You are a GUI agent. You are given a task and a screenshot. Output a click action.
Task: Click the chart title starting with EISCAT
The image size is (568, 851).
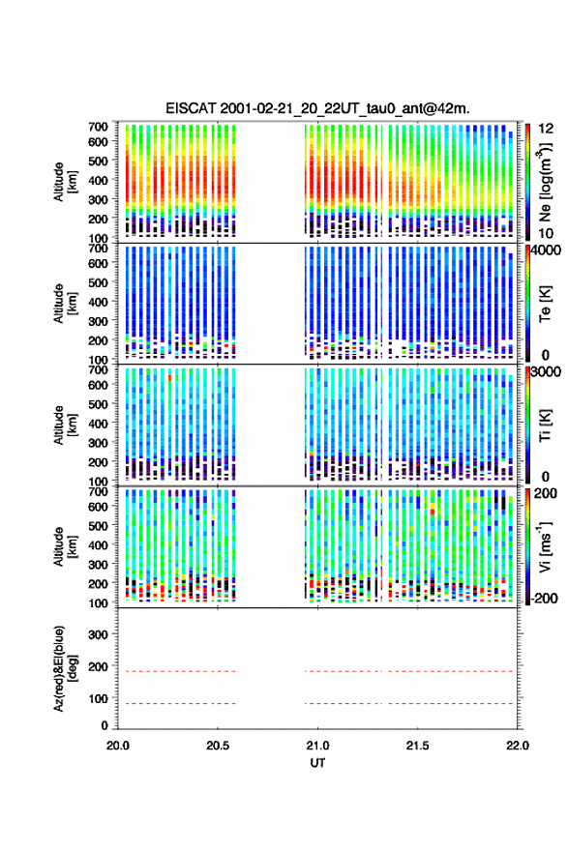point(317,108)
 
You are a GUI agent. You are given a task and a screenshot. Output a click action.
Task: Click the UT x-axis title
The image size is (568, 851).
point(317,763)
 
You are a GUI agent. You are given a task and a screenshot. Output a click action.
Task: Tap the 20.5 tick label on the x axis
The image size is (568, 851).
point(218,746)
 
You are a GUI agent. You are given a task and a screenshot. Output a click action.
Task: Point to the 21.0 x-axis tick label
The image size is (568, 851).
point(317,746)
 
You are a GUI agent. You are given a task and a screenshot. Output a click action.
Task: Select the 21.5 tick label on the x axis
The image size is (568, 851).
point(418,746)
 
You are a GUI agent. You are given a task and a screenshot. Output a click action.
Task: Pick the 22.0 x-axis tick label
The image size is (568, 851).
point(518,746)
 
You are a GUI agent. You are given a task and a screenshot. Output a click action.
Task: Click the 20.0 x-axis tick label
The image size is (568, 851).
point(118,746)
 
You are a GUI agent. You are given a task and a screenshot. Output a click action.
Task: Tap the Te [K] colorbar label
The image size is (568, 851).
point(545,304)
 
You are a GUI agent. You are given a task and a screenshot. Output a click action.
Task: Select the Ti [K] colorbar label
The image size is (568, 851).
point(545,425)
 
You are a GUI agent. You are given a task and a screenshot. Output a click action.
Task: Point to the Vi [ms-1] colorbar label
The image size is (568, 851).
point(545,546)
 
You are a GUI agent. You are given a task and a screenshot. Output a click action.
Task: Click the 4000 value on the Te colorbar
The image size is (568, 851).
point(546,250)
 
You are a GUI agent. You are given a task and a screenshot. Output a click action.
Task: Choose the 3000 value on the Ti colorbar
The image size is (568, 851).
point(546,371)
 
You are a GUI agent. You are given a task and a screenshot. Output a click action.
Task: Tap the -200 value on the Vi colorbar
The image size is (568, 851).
point(544,598)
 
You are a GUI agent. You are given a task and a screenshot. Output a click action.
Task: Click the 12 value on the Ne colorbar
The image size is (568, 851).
point(546,129)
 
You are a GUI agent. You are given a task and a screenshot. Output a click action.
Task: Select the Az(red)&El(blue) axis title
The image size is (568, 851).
point(64,668)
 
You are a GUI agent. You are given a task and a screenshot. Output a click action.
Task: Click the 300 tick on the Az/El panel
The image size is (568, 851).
point(99,634)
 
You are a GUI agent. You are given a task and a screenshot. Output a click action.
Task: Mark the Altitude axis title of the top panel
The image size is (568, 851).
point(64,182)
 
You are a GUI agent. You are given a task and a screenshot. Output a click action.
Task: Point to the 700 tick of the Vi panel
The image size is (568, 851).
point(99,491)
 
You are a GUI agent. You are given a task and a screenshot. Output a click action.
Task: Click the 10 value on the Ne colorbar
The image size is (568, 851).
point(546,234)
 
